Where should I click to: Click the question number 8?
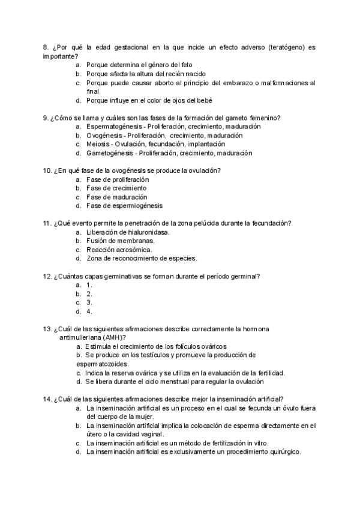(x=45, y=47)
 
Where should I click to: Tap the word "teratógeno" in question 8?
(x=287, y=47)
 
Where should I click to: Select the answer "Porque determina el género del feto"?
(x=147, y=65)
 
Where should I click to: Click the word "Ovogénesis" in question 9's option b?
(x=104, y=136)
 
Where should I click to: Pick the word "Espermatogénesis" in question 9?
(x=115, y=127)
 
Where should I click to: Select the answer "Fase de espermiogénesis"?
(x=124, y=206)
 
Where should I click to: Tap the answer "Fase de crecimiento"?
(x=116, y=188)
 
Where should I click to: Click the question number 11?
(x=47, y=223)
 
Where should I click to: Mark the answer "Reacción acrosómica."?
(x=119, y=250)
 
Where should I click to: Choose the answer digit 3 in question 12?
(x=89, y=303)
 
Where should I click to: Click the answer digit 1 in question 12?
(x=89, y=285)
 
